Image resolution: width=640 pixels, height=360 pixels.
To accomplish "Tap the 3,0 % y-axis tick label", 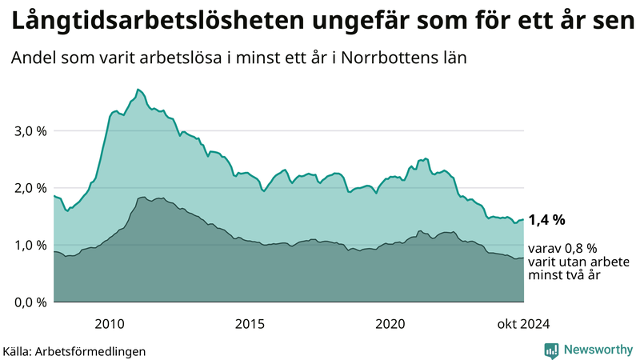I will point(30,131).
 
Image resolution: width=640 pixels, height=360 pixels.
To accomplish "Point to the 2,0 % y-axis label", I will point(30,188).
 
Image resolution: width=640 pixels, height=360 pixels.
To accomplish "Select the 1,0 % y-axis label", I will point(30,246).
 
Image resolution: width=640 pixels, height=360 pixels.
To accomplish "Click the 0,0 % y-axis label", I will point(30,302).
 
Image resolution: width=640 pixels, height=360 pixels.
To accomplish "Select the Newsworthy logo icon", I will point(551,350).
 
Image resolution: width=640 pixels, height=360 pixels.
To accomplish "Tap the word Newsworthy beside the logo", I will point(597,350).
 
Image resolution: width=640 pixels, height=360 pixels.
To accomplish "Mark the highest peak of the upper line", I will point(138,89).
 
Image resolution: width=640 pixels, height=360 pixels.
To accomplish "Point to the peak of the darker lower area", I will point(142,197).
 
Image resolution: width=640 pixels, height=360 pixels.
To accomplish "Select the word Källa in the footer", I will point(17,351).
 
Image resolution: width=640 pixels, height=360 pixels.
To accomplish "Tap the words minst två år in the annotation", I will point(565,275).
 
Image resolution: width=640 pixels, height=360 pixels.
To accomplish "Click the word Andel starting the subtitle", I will point(31,58).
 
